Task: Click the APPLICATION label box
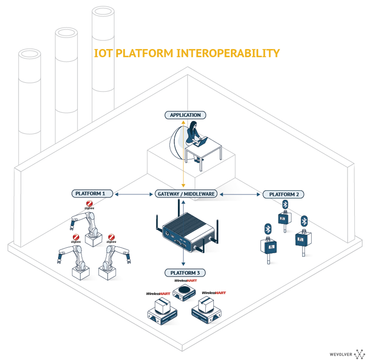pos(185,115)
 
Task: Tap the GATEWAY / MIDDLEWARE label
pos(186,194)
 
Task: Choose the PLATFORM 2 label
pos(283,194)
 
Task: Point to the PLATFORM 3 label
pos(185,273)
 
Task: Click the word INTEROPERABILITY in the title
pos(228,53)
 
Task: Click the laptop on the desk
pos(201,142)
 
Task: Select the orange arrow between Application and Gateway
pos(183,154)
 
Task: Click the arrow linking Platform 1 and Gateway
pos(134,194)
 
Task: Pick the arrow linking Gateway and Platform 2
pos(240,194)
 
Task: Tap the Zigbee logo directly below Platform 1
pos(89,205)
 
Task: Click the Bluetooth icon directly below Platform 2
pos(285,204)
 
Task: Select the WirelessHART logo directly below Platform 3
pos(186,281)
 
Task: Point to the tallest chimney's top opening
pos(103,12)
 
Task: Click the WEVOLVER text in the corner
pos(341,354)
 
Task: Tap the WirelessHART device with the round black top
pos(184,292)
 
